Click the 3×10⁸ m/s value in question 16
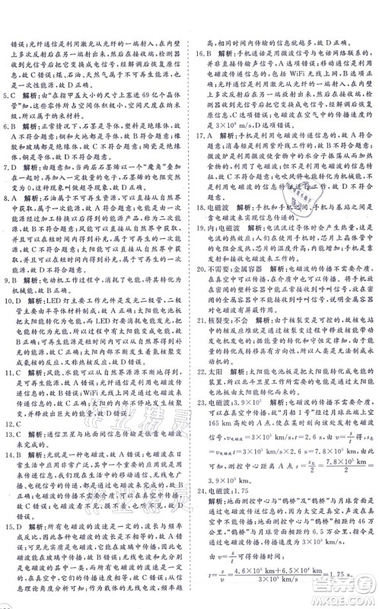coord(221,120)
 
